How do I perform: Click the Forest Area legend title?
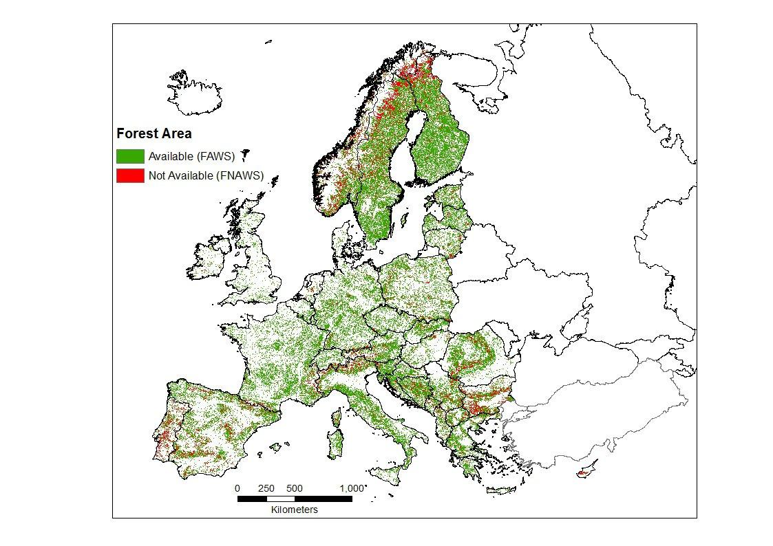(x=154, y=133)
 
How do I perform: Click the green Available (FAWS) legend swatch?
(x=130, y=156)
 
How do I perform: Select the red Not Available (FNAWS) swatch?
(x=130, y=176)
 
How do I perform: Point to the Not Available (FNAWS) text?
(x=206, y=176)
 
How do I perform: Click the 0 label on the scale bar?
(x=238, y=488)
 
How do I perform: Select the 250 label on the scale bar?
(x=266, y=488)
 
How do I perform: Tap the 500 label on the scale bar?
(x=295, y=488)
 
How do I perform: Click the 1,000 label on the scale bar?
(x=352, y=488)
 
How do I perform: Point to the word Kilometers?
(x=295, y=510)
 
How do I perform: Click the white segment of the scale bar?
(x=281, y=499)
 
